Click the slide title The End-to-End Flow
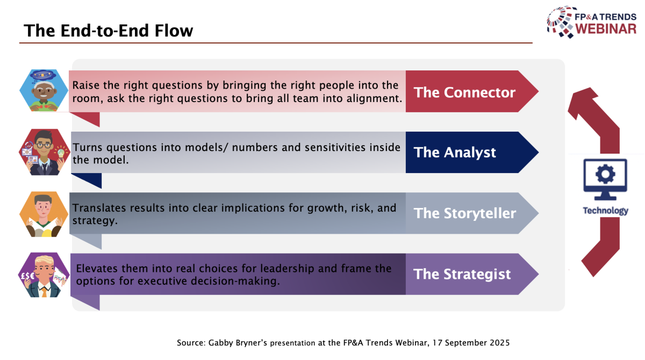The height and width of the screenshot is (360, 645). (108, 31)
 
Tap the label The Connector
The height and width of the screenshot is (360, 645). (464, 92)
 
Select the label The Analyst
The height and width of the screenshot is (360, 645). (455, 152)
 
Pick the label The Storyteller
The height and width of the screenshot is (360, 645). (465, 213)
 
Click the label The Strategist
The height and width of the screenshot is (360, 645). (462, 274)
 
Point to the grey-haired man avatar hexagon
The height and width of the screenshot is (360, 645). (44, 90)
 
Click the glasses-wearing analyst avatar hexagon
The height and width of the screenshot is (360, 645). (44, 152)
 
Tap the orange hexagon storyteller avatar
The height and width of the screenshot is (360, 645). (44, 214)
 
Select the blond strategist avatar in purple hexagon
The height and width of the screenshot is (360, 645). (44, 275)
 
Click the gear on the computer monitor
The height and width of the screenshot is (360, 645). (605, 174)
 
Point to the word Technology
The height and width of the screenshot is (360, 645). (606, 211)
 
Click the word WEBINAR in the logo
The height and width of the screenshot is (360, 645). (606, 29)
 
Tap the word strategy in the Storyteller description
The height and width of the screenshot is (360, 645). (95, 221)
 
